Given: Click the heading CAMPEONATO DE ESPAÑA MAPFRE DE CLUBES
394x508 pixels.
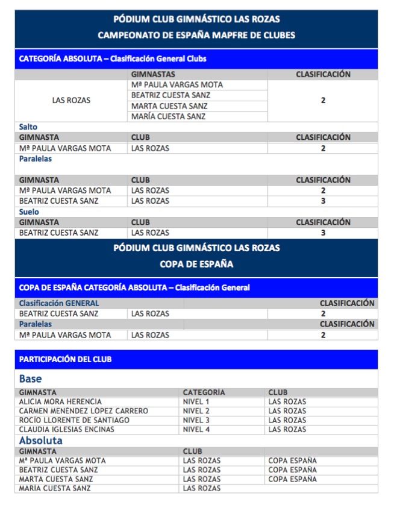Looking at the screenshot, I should click(196, 35).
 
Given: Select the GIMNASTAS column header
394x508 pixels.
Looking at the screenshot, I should click(153, 75).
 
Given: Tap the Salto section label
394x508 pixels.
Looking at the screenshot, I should click(28, 127).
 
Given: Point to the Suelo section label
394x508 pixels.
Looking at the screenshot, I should click(29, 212).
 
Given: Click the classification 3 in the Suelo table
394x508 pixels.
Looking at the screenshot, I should click(323, 233).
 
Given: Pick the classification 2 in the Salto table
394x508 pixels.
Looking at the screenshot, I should click(323, 148).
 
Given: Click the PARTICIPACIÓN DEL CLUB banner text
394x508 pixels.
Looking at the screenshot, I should click(65, 359).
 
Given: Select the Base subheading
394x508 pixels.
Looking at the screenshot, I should click(31, 379).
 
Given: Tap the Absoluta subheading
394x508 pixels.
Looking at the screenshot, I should click(41, 441).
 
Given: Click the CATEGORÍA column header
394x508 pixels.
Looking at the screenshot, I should click(204, 392).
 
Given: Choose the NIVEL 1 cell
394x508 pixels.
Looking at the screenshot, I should click(196, 401).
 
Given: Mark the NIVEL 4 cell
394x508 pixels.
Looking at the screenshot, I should click(196, 430).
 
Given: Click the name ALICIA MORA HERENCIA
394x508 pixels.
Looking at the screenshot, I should click(60, 401).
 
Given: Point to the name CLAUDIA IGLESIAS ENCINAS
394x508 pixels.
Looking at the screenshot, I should click(66, 430).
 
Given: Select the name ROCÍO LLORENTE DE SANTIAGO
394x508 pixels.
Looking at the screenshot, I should click(74, 420).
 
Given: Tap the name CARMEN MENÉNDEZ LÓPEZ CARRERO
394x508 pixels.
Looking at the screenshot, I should click(83, 411).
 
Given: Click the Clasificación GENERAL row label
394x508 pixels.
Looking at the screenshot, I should click(59, 303).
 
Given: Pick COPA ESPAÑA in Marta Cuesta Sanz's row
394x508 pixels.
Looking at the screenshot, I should click(292, 479).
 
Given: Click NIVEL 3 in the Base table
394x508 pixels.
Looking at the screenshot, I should click(196, 420).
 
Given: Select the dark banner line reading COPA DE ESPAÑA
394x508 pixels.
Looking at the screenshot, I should click(196, 264).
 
